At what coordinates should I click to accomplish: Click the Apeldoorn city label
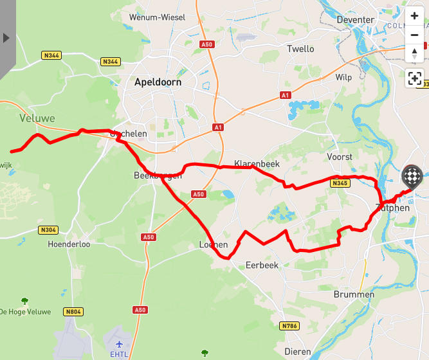coord(158,82)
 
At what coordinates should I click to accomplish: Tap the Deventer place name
coord(355,20)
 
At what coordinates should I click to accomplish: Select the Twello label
coord(300,49)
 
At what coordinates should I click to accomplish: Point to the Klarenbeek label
coord(257,164)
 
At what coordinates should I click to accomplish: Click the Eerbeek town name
coord(262,265)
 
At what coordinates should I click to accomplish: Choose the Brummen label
coord(354,294)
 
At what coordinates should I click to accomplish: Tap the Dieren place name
coord(297,352)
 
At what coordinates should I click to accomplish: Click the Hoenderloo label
coord(69,244)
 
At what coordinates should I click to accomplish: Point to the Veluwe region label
coord(37,118)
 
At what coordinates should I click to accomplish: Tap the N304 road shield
coord(48,230)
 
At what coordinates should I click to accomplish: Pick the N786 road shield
coord(290,326)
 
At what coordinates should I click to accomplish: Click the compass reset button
coord(415,54)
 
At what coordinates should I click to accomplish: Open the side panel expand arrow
coord(6,38)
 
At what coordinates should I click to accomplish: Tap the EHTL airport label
coord(119,354)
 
